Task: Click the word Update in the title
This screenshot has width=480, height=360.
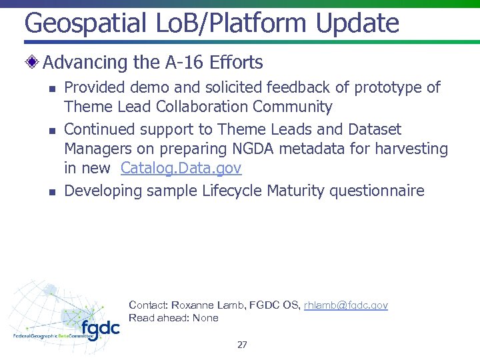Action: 357,23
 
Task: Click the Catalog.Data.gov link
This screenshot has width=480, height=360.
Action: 181,169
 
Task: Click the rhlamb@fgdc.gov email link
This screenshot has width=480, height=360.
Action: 345,305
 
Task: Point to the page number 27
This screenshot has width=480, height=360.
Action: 242,345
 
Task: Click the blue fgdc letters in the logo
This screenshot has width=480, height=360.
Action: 101,329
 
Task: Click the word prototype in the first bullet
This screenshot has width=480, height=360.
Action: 387,87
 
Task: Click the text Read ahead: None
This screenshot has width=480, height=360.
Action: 173,318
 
